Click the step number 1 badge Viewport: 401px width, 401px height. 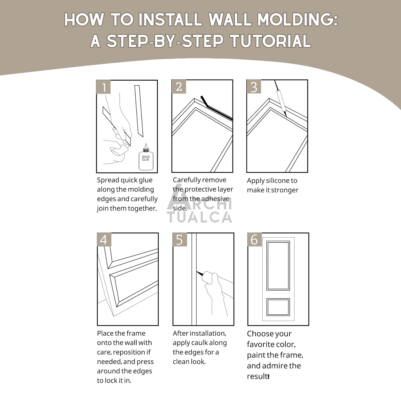click(103, 87)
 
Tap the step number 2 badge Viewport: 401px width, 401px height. click(179, 87)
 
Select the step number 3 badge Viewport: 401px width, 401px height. click(254, 87)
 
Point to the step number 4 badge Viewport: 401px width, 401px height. click(104, 240)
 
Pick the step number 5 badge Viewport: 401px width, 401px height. click(180, 240)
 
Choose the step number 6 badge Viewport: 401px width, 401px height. click(254, 239)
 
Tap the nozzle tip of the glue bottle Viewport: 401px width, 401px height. click(146, 145)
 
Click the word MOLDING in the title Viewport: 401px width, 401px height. click(297, 19)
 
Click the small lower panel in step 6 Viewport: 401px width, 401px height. click(278, 307)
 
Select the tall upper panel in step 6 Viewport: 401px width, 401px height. click(278, 265)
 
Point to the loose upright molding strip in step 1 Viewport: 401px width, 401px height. click(139, 111)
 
